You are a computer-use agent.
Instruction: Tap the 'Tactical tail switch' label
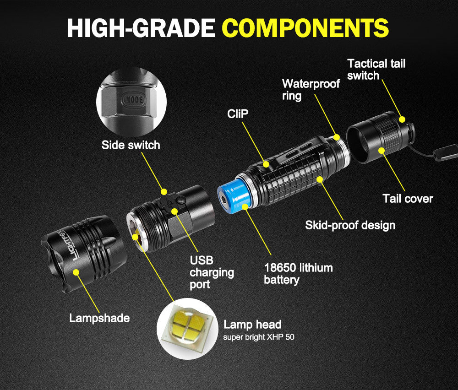click(x=376, y=70)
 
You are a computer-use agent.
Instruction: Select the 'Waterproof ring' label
click(x=311, y=90)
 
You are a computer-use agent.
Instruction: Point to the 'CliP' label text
click(x=238, y=114)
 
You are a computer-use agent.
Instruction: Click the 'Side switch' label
click(x=131, y=145)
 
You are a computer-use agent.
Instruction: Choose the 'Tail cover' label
click(x=408, y=198)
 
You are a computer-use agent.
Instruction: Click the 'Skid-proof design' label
click(x=350, y=225)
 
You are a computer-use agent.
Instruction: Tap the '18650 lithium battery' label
click(x=298, y=273)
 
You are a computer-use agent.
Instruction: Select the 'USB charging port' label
click(x=211, y=272)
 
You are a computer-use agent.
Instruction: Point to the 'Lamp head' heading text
click(x=252, y=325)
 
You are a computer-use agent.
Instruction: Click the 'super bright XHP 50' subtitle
click(x=259, y=337)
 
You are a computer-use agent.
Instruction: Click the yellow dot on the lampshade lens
click(x=76, y=272)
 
